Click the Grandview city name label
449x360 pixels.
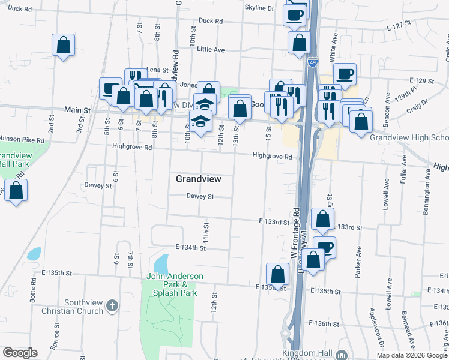click(x=199, y=179)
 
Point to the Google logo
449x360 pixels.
click(x=20, y=353)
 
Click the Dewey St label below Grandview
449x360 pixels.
click(x=200, y=196)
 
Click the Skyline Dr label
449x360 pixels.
click(x=259, y=8)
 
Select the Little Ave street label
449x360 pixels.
click(x=210, y=49)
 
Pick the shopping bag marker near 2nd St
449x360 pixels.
click(x=63, y=45)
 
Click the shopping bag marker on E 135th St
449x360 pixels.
click(x=278, y=274)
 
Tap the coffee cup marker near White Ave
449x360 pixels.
click(x=345, y=74)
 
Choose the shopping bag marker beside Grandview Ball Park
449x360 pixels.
click(x=16, y=191)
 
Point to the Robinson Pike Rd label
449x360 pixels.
click(x=22, y=140)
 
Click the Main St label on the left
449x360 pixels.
click(x=77, y=111)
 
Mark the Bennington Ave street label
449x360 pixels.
click(x=427, y=193)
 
